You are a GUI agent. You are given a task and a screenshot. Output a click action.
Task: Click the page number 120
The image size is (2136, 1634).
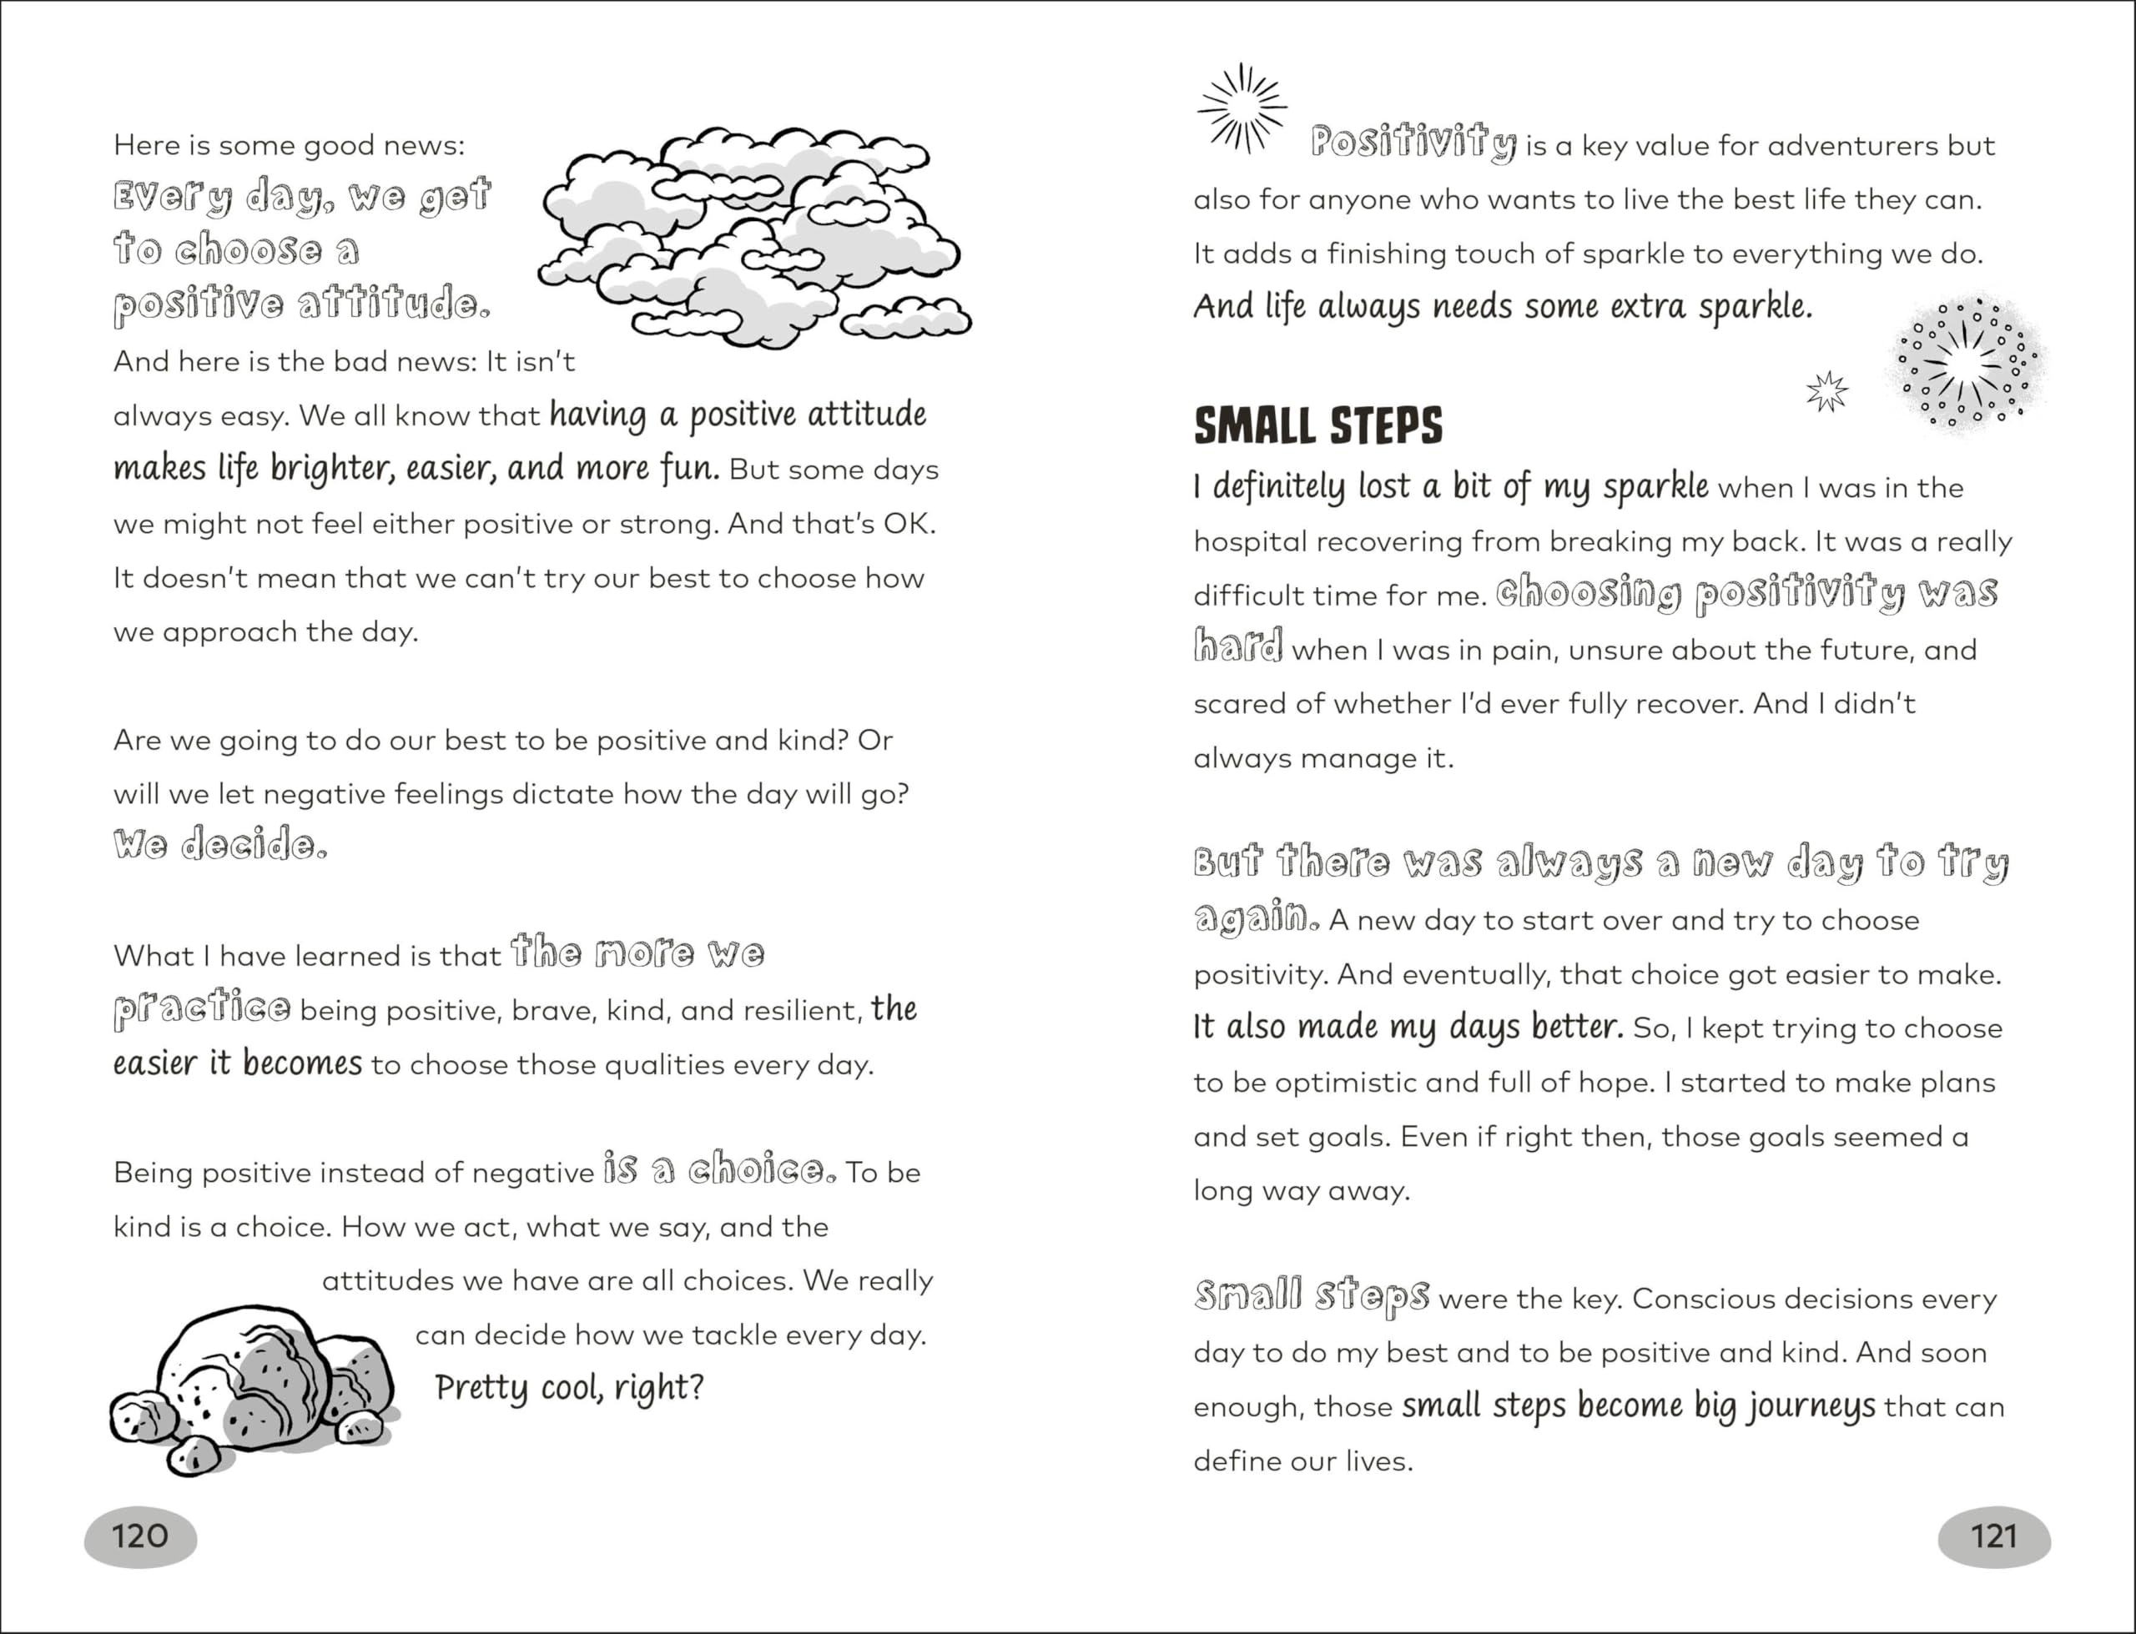[x=140, y=1536]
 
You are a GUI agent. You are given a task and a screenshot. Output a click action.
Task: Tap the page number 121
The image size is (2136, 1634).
[x=1994, y=1536]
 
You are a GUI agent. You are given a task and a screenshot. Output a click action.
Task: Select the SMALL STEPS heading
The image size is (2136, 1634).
[x=1318, y=426]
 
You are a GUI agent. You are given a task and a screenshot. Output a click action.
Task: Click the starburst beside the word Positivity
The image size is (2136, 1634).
[x=1242, y=108]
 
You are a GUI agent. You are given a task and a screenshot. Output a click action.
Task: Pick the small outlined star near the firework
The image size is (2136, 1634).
[x=1826, y=391]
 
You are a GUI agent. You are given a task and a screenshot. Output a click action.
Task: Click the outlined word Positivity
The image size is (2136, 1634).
[x=1413, y=143]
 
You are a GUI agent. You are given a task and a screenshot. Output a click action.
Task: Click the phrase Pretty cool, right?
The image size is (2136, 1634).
[x=569, y=1388]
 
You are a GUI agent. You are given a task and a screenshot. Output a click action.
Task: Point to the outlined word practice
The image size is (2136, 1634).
[x=201, y=1008]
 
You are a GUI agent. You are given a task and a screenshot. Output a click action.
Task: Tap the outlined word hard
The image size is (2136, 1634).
[x=1238, y=646]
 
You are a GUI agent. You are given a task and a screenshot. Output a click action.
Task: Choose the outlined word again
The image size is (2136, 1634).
[x=1256, y=918]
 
